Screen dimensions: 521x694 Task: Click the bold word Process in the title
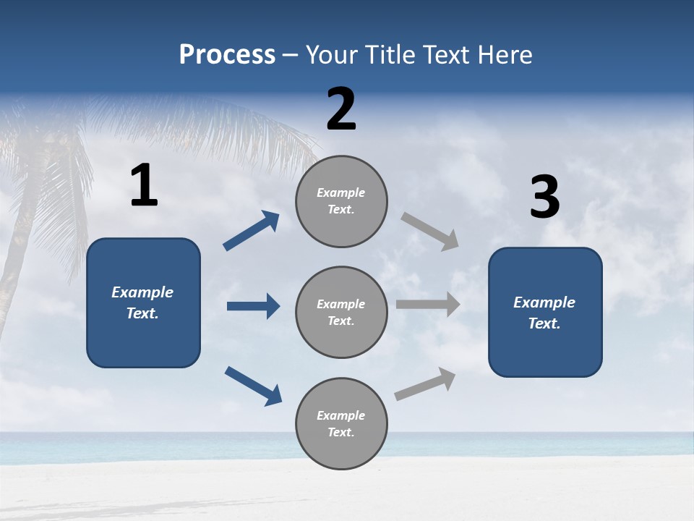227,55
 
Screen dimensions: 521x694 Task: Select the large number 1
144,186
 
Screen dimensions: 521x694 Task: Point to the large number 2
341,109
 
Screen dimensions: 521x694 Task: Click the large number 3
544,198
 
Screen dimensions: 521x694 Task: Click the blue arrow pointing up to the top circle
252,231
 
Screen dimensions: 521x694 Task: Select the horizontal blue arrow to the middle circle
253,306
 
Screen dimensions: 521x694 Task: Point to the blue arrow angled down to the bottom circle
253,385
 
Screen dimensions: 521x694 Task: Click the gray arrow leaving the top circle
430,231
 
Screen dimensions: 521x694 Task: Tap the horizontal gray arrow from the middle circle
428,305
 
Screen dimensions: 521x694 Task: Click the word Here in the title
505,55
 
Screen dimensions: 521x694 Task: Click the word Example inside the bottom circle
340,415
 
